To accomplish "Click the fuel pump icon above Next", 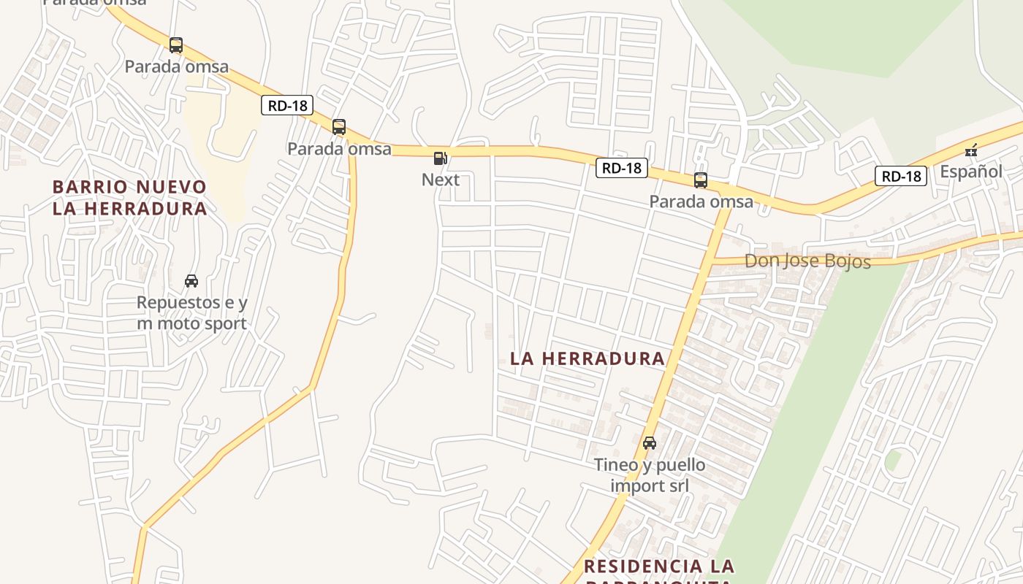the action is click(440, 158).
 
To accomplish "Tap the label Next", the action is click(441, 180).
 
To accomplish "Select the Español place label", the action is click(971, 172).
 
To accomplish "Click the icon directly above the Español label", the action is click(971, 151).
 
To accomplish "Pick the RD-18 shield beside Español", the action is click(901, 176).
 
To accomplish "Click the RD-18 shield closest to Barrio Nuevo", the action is click(287, 106).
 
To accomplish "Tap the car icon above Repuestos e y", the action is click(191, 281).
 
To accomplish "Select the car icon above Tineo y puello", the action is click(650, 443).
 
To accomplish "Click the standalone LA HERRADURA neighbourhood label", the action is click(587, 358).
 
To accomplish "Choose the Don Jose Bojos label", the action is click(807, 261).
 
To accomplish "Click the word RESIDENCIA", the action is click(633, 566).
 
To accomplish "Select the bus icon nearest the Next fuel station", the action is click(339, 127).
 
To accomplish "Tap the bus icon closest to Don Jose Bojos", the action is click(701, 180).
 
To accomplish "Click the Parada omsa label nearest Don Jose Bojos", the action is click(701, 201).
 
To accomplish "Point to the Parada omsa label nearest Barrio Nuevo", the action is click(176, 67).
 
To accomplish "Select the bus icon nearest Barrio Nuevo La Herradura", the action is click(176, 45).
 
